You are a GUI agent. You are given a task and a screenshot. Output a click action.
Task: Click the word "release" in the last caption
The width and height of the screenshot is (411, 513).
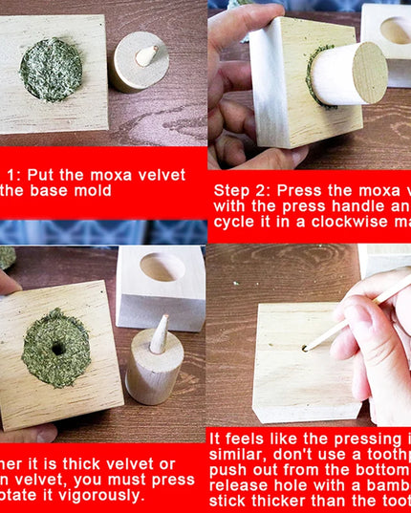[245, 484]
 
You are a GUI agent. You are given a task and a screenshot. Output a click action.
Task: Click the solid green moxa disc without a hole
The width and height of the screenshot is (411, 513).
[51, 69]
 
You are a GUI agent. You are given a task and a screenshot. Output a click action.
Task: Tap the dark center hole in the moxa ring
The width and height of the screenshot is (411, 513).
[58, 348]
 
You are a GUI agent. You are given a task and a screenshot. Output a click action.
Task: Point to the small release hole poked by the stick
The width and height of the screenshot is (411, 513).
[305, 348]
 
